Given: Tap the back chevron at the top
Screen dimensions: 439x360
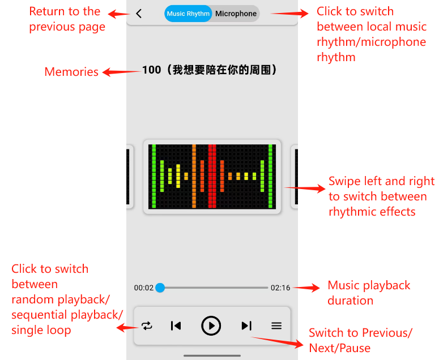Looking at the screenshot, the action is click(139, 14).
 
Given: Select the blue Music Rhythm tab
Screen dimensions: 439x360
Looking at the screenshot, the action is click(188, 14).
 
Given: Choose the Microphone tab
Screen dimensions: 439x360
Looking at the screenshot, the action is click(236, 14).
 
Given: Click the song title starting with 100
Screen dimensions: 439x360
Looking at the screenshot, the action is click(210, 70).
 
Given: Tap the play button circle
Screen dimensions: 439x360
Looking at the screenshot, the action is click(211, 325).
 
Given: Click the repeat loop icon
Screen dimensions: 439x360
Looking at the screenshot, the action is click(147, 325).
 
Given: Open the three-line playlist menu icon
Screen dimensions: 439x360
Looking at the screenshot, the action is click(276, 325).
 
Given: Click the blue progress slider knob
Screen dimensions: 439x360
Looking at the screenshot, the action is click(160, 288).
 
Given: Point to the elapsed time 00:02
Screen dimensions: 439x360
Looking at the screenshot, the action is click(144, 288).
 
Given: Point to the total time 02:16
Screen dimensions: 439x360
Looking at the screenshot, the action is click(280, 288).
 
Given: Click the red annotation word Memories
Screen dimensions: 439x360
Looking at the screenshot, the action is click(71, 72).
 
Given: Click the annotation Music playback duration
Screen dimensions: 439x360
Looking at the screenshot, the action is click(369, 293).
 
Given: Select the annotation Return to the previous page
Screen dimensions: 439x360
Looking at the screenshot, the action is click(67, 19).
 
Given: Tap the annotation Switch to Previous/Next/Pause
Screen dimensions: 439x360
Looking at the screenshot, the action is click(360, 340).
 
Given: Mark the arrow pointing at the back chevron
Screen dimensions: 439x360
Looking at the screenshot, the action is click(119, 14).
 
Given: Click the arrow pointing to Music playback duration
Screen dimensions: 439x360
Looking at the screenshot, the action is click(306, 288).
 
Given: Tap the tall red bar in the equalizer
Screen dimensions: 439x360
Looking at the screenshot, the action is click(212, 176).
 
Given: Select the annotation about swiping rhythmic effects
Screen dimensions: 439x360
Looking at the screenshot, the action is click(381, 196).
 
